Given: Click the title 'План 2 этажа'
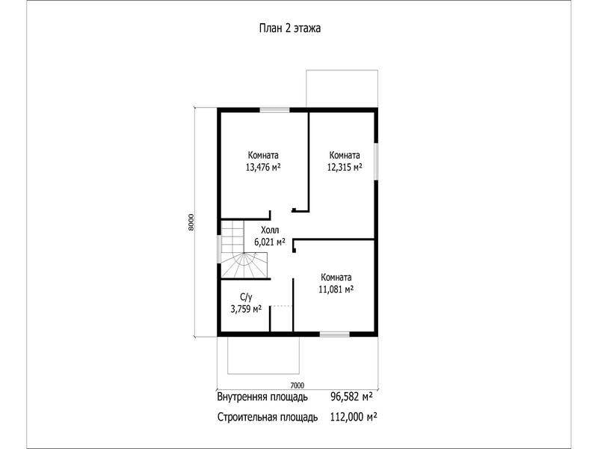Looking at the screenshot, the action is (290, 28).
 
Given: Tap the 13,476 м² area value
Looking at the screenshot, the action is (263, 167).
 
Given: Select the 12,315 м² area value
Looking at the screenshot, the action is (345, 167).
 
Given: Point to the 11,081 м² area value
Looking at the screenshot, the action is (336, 290).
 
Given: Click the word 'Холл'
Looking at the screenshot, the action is (270, 230).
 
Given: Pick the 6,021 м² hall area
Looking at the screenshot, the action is (270, 242).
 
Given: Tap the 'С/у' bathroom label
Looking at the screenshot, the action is (246, 297).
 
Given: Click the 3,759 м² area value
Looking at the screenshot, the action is (246, 309).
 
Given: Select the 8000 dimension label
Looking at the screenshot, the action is (191, 222).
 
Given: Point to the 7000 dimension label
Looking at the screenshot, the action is (297, 385).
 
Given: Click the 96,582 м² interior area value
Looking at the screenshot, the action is (351, 397).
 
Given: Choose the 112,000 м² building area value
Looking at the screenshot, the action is (354, 417).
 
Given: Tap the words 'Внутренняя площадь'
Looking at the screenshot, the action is (262, 397).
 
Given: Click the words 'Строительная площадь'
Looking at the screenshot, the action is (268, 418).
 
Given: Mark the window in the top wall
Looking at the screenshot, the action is (274, 110).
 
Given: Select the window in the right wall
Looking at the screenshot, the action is (376, 161).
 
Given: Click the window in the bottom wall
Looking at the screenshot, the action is (334, 335).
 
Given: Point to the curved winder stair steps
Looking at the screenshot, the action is (244, 266).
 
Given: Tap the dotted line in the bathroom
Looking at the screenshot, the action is (282, 306).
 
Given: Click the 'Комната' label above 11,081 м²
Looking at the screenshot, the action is (336, 277).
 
